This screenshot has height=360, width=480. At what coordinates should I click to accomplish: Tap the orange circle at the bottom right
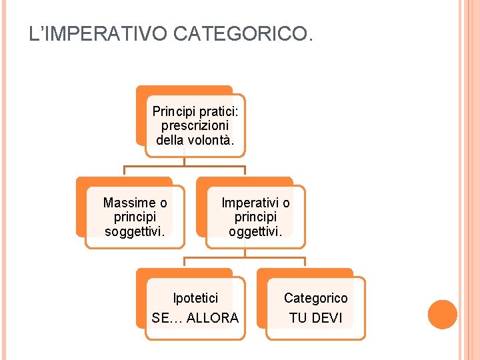(443, 315)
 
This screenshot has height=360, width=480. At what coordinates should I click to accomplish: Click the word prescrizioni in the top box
(195, 125)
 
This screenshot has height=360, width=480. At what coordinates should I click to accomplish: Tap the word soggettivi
(135, 231)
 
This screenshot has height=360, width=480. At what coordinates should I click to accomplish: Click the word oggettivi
(255, 231)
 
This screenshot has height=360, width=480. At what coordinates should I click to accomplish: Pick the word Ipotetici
(195, 298)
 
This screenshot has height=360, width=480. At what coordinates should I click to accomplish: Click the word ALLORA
(213, 318)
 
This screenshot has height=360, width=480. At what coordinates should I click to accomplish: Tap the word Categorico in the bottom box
(316, 298)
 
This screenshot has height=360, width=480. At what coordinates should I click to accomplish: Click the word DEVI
(327, 318)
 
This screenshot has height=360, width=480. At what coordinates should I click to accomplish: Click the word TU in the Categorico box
(298, 318)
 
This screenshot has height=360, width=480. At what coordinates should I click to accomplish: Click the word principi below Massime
(135, 217)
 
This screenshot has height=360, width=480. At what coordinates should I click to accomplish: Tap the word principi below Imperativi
(255, 217)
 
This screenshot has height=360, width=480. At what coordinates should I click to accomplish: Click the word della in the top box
(170, 139)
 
